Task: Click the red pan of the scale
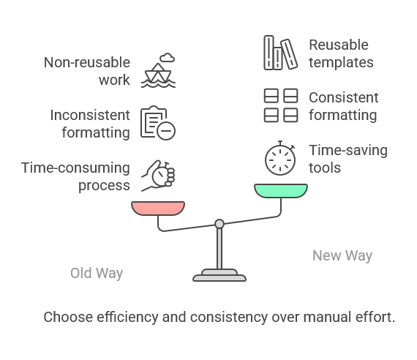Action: pyautogui.click(x=158, y=208)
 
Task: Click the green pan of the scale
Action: pyautogui.click(x=281, y=190)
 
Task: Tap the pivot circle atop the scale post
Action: pyautogui.click(x=219, y=224)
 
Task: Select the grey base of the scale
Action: pyautogui.click(x=219, y=275)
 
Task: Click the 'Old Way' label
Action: pyautogui.click(x=97, y=273)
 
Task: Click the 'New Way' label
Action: pyautogui.click(x=342, y=255)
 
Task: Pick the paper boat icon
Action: pyautogui.click(x=158, y=75)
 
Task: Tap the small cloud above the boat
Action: pyautogui.click(x=168, y=58)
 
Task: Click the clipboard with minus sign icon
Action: pyautogui.click(x=158, y=123)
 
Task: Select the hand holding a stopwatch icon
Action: pyautogui.click(x=158, y=176)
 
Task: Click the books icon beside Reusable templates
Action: pyautogui.click(x=281, y=53)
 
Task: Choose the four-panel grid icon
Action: pyautogui.click(x=281, y=105)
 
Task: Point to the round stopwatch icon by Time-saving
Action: pyautogui.click(x=280, y=158)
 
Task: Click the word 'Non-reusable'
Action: pyautogui.click(x=87, y=62)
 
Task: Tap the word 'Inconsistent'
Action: pyautogui.click(x=90, y=115)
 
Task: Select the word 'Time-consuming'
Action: pyautogui.click(x=75, y=168)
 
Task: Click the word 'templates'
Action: pyautogui.click(x=341, y=63)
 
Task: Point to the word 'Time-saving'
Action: pyautogui.click(x=348, y=151)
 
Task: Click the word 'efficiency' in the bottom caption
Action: pyautogui.click(x=127, y=317)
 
